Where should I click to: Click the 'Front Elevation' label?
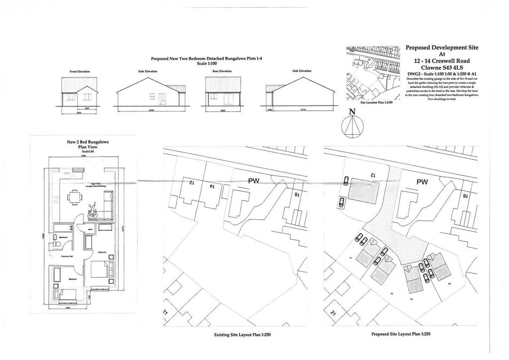pos(80,72)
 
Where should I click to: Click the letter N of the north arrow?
pos(352,112)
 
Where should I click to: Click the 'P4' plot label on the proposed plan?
pos(449,283)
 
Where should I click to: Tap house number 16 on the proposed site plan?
pos(465,196)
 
